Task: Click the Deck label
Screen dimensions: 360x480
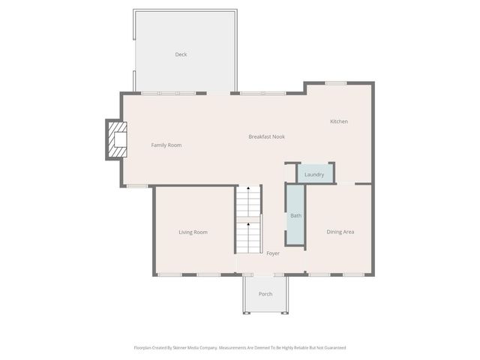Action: pos(181,54)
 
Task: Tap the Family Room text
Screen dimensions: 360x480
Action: pos(166,145)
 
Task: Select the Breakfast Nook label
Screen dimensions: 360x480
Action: pos(266,136)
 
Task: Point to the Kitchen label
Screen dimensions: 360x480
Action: pos(339,121)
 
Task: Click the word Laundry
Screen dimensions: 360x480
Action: pos(314,175)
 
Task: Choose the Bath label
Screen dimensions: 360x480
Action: pos(295,216)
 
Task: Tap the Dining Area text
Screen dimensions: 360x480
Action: pos(340,232)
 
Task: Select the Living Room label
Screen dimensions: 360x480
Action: pos(193,232)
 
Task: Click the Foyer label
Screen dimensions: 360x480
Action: pos(273,253)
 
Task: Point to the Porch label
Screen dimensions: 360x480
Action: pos(265,294)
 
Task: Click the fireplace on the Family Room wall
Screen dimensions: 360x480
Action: pos(115,139)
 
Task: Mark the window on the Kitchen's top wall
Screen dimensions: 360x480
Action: pos(335,82)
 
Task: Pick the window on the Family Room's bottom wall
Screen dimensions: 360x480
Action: pos(136,186)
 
